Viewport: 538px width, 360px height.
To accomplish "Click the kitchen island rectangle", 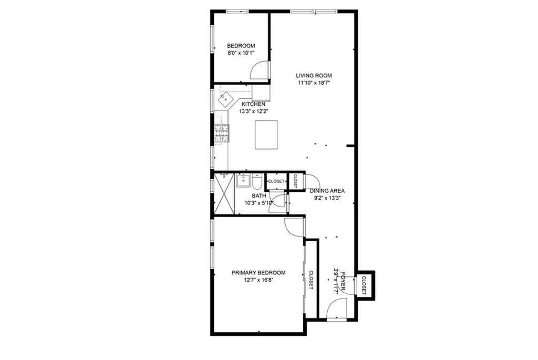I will (266, 135).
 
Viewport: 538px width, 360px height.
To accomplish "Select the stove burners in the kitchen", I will (222, 133).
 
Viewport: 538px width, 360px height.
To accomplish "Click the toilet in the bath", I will (257, 182).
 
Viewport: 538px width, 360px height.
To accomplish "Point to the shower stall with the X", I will (224, 194).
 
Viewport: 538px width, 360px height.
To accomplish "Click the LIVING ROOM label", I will (314, 76).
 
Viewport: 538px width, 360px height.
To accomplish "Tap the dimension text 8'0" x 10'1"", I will (241, 53).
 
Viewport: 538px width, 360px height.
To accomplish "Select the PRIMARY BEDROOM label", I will (258, 273).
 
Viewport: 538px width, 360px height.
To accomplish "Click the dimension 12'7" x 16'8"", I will (258, 280).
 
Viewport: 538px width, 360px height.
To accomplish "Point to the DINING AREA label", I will (327, 191).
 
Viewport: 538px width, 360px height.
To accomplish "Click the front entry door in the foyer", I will (336, 308).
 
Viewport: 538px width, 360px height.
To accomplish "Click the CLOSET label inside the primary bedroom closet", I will (311, 280).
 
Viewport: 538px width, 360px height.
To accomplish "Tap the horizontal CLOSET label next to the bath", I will (276, 181).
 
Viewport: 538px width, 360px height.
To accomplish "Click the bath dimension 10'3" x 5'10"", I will (259, 203).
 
